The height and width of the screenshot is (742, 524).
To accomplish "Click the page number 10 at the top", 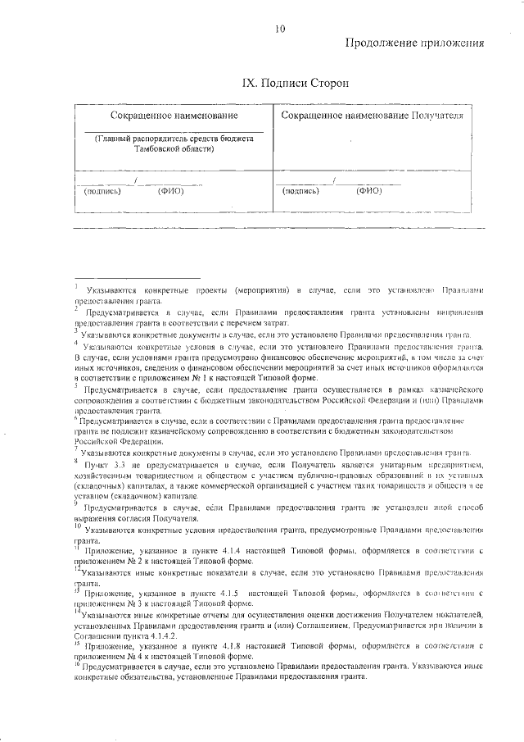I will point(280,30).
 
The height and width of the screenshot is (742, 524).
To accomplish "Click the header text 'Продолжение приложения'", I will point(414,44).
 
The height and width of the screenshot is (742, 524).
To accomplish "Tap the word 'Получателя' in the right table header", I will point(437,116).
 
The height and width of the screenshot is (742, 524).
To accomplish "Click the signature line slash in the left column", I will point(135,180).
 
